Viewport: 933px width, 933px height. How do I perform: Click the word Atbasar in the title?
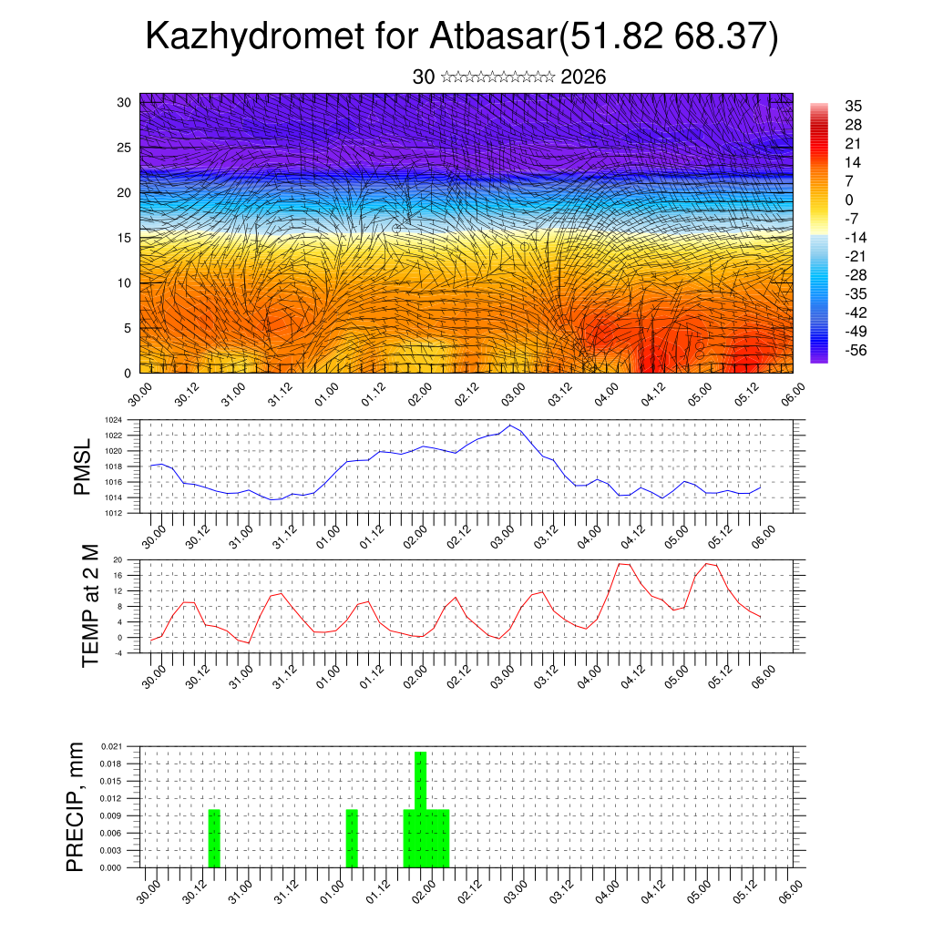(x=492, y=38)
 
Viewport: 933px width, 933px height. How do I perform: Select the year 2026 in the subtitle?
(x=583, y=77)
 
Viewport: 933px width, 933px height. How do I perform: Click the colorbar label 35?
(x=853, y=107)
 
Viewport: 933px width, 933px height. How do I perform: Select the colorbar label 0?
(x=849, y=200)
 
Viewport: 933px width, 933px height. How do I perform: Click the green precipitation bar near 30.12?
(x=214, y=838)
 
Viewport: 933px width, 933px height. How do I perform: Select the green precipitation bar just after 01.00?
(x=352, y=838)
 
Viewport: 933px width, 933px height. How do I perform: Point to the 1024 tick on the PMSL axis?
(x=113, y=420)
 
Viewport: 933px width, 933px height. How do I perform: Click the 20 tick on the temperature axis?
(x=118, y=559)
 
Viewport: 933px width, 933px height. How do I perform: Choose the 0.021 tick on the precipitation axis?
(x=109, y=746)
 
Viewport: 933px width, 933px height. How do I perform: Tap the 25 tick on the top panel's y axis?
(x=124, y=147)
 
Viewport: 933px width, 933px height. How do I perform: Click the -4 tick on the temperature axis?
(x=118, y=653)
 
